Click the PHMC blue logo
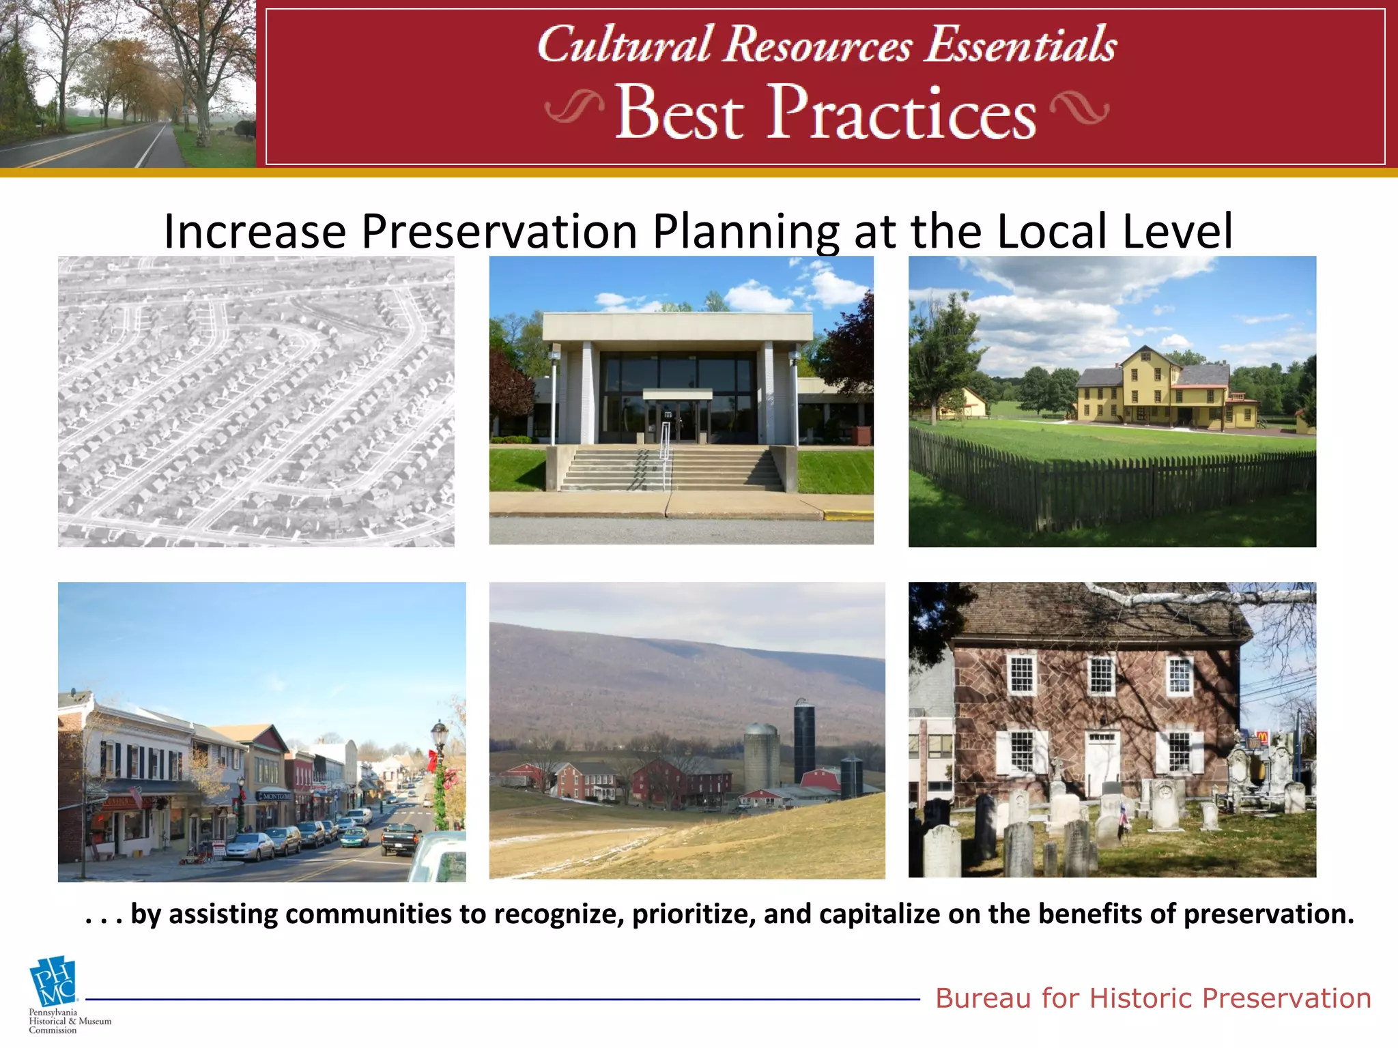tap(53, 981)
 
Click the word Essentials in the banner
tap(1020, 45)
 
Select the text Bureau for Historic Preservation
tap(1153, 998)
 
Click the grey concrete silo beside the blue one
tap(760, 757)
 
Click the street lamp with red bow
tap(439, 764)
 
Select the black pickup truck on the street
tap(401, 837)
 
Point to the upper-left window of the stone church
tap(1021, 673)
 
